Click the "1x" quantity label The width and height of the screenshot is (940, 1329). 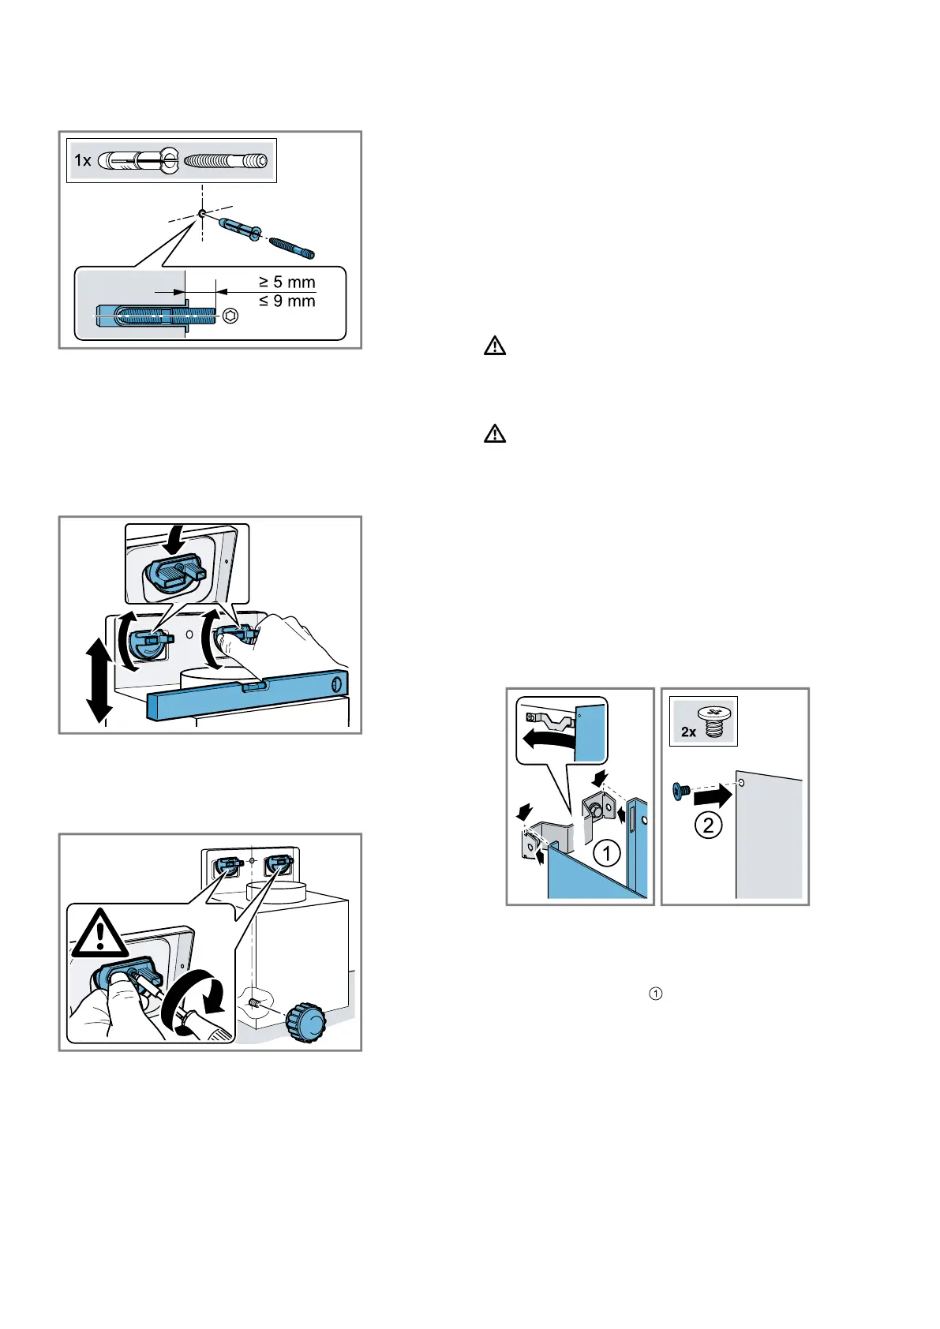click(x=83, y=161)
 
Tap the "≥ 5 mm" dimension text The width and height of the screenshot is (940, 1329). click(x=287, y=283)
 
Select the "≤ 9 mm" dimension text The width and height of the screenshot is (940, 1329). click(x=287, y=301)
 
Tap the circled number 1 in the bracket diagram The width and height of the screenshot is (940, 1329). click(x=606, y=853)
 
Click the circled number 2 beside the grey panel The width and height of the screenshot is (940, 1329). click(x=708, y=825)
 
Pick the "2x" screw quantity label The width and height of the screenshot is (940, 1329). click(x=689, y=732)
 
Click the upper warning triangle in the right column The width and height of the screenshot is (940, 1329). click(x=495, y=346)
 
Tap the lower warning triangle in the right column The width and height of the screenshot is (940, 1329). click(x=495, y=434)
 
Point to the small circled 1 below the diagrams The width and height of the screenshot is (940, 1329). click(x=654, y=994)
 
